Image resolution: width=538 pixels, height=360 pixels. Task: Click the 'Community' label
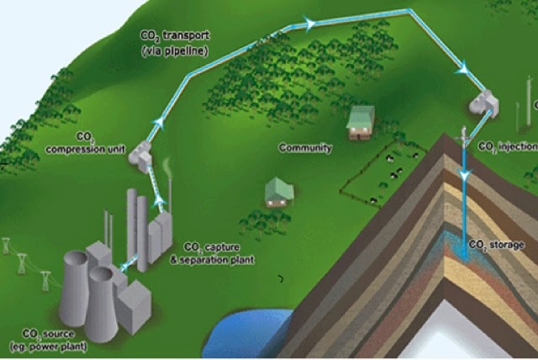[305, 148]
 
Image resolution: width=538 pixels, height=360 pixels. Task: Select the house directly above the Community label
[360, 123]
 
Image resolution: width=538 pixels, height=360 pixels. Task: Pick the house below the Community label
[279, 193]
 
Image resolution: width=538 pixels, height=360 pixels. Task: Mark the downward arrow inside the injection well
[463, 174]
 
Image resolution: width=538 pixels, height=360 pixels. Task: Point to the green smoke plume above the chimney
[169, 168]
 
